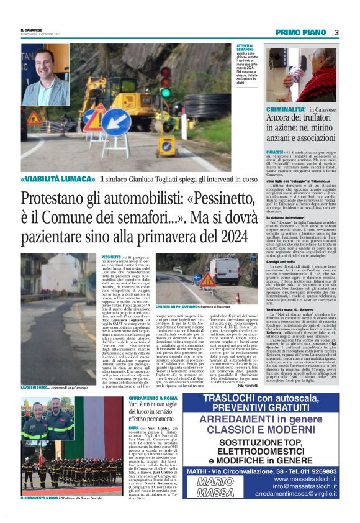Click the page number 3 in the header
tap(336, 32)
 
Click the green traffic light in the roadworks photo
tap(166, 92)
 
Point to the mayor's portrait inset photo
tap(45, 75)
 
